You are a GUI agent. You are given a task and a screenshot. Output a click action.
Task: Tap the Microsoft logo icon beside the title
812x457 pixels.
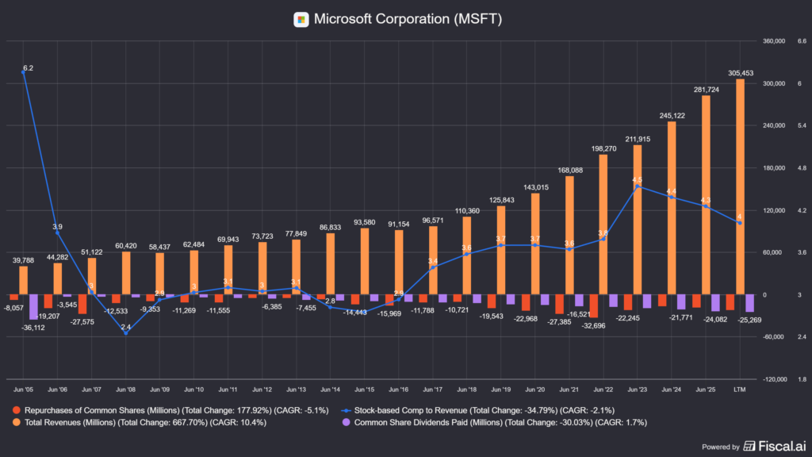(301, 19)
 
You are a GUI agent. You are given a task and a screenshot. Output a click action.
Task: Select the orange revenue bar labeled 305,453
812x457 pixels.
(740, 186)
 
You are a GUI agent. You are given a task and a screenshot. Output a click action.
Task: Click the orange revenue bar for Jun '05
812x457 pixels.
(23, 280)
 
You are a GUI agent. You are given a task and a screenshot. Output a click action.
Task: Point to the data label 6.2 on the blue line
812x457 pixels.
(28, 69)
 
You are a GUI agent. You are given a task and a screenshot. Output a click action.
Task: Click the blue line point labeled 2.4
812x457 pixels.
(125, 333)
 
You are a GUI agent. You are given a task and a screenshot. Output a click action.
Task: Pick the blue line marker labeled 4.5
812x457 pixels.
(638, 187)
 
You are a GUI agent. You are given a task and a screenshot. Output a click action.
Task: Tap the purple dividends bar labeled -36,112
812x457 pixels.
(33, 307)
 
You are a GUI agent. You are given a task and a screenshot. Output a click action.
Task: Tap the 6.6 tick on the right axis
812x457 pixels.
(801, 41)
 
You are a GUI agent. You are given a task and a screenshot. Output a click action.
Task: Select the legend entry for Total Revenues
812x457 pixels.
(143, 423)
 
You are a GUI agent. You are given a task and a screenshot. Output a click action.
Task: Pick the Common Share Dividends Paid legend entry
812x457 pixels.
(492, 423)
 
